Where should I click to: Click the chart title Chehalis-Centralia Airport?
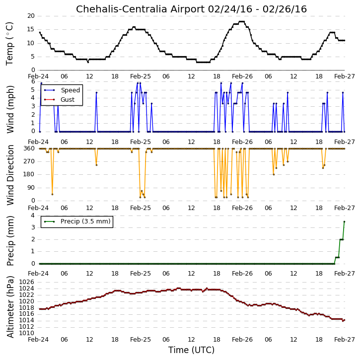[x=141, y=9]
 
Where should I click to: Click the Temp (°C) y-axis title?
[x=9, y=44]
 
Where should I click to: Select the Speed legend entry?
[x=62, y=90]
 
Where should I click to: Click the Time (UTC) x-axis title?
[x=191, y=350]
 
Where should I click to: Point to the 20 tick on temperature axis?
[x=31, y=16]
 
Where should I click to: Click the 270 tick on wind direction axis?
[x=29, y=161]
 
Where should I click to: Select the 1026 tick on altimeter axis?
[x=26, y=282]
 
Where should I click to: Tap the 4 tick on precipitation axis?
[x=33, y=216]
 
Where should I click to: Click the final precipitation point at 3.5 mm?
[x=344, y=222]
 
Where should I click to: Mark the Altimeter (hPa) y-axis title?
[x=10, y=307]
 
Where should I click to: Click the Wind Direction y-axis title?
[x=10, y=175]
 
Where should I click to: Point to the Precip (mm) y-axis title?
[x=10, y=241]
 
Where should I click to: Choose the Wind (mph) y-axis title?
[x=10, y=109]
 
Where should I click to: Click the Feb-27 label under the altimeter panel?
[x=345, y=339]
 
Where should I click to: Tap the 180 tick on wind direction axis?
[x=29, y=174]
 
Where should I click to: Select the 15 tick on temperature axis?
[x=31, y=29]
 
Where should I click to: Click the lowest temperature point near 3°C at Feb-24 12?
[x=88, y=62]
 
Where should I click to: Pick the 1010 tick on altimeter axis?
[x=26, y=333]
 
